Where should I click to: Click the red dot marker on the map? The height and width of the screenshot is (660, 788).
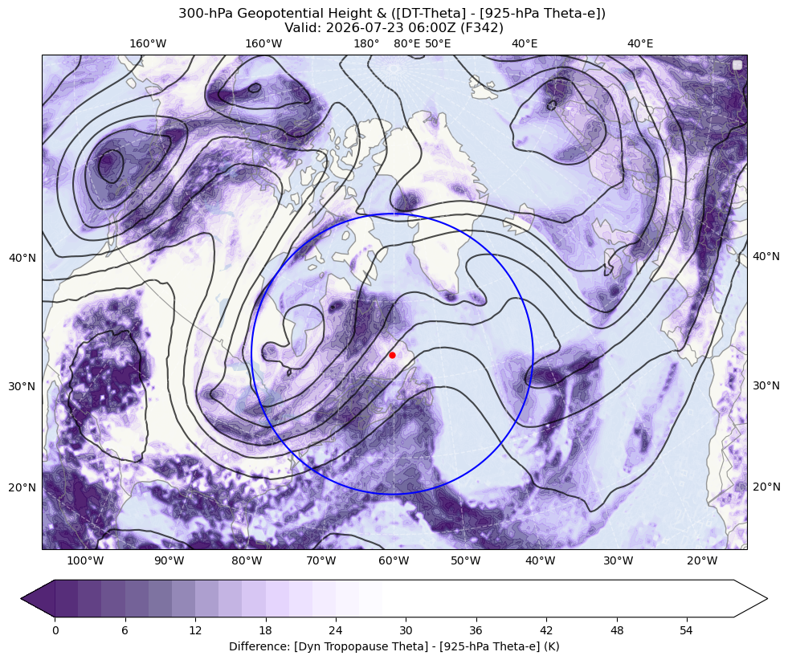(x=392, y=355)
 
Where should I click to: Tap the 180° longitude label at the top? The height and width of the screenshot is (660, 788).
(x=366, y=43)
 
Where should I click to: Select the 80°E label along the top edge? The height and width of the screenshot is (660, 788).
(x=406, y=43)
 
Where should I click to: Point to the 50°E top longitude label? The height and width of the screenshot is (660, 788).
(x=438, y=43)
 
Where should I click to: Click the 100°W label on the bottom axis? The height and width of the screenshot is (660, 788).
(x=85, y=560)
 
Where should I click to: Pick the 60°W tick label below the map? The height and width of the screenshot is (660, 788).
(x=394, y=560)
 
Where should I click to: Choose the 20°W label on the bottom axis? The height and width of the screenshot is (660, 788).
(x=702, y=560)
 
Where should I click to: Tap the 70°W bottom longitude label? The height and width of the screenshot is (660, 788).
(x=321, y=560)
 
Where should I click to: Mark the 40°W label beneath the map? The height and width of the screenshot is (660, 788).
(x=541, y=560)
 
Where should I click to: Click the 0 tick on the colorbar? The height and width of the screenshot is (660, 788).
(x=55, y=629)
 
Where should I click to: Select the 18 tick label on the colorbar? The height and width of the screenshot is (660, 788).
(x=265, y=629)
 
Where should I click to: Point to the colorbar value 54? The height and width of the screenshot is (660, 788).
(x=687, y=629)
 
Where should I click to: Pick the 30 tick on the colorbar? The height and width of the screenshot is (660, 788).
(x=406, y=629)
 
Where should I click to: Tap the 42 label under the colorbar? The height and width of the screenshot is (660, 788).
(x=546, y=629)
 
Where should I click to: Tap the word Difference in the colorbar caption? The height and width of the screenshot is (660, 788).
(x=255, y=646)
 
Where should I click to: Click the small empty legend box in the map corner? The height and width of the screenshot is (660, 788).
(x=737, y=65)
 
